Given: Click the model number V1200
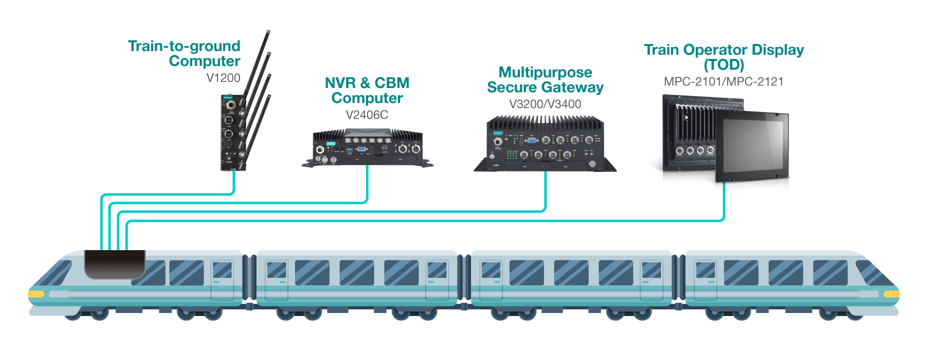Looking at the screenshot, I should [223, 78].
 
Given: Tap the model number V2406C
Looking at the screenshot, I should [366, 115].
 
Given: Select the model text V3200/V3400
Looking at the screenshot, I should [545, 104].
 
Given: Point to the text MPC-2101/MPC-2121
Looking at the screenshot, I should [723, 82].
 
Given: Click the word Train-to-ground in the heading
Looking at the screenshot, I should [184, 46].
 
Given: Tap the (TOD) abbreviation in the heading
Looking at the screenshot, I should [723, 65].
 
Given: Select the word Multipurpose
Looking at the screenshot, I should [545, 72].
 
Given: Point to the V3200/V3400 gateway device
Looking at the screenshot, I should [545, 145].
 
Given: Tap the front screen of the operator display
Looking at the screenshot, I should [751, 145].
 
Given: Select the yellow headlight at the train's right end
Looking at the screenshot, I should [891, 294].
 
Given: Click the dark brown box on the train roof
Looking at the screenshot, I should [114, 263].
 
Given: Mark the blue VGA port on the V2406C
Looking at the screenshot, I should [359, 148].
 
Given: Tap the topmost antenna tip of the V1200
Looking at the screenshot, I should [268, 32].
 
